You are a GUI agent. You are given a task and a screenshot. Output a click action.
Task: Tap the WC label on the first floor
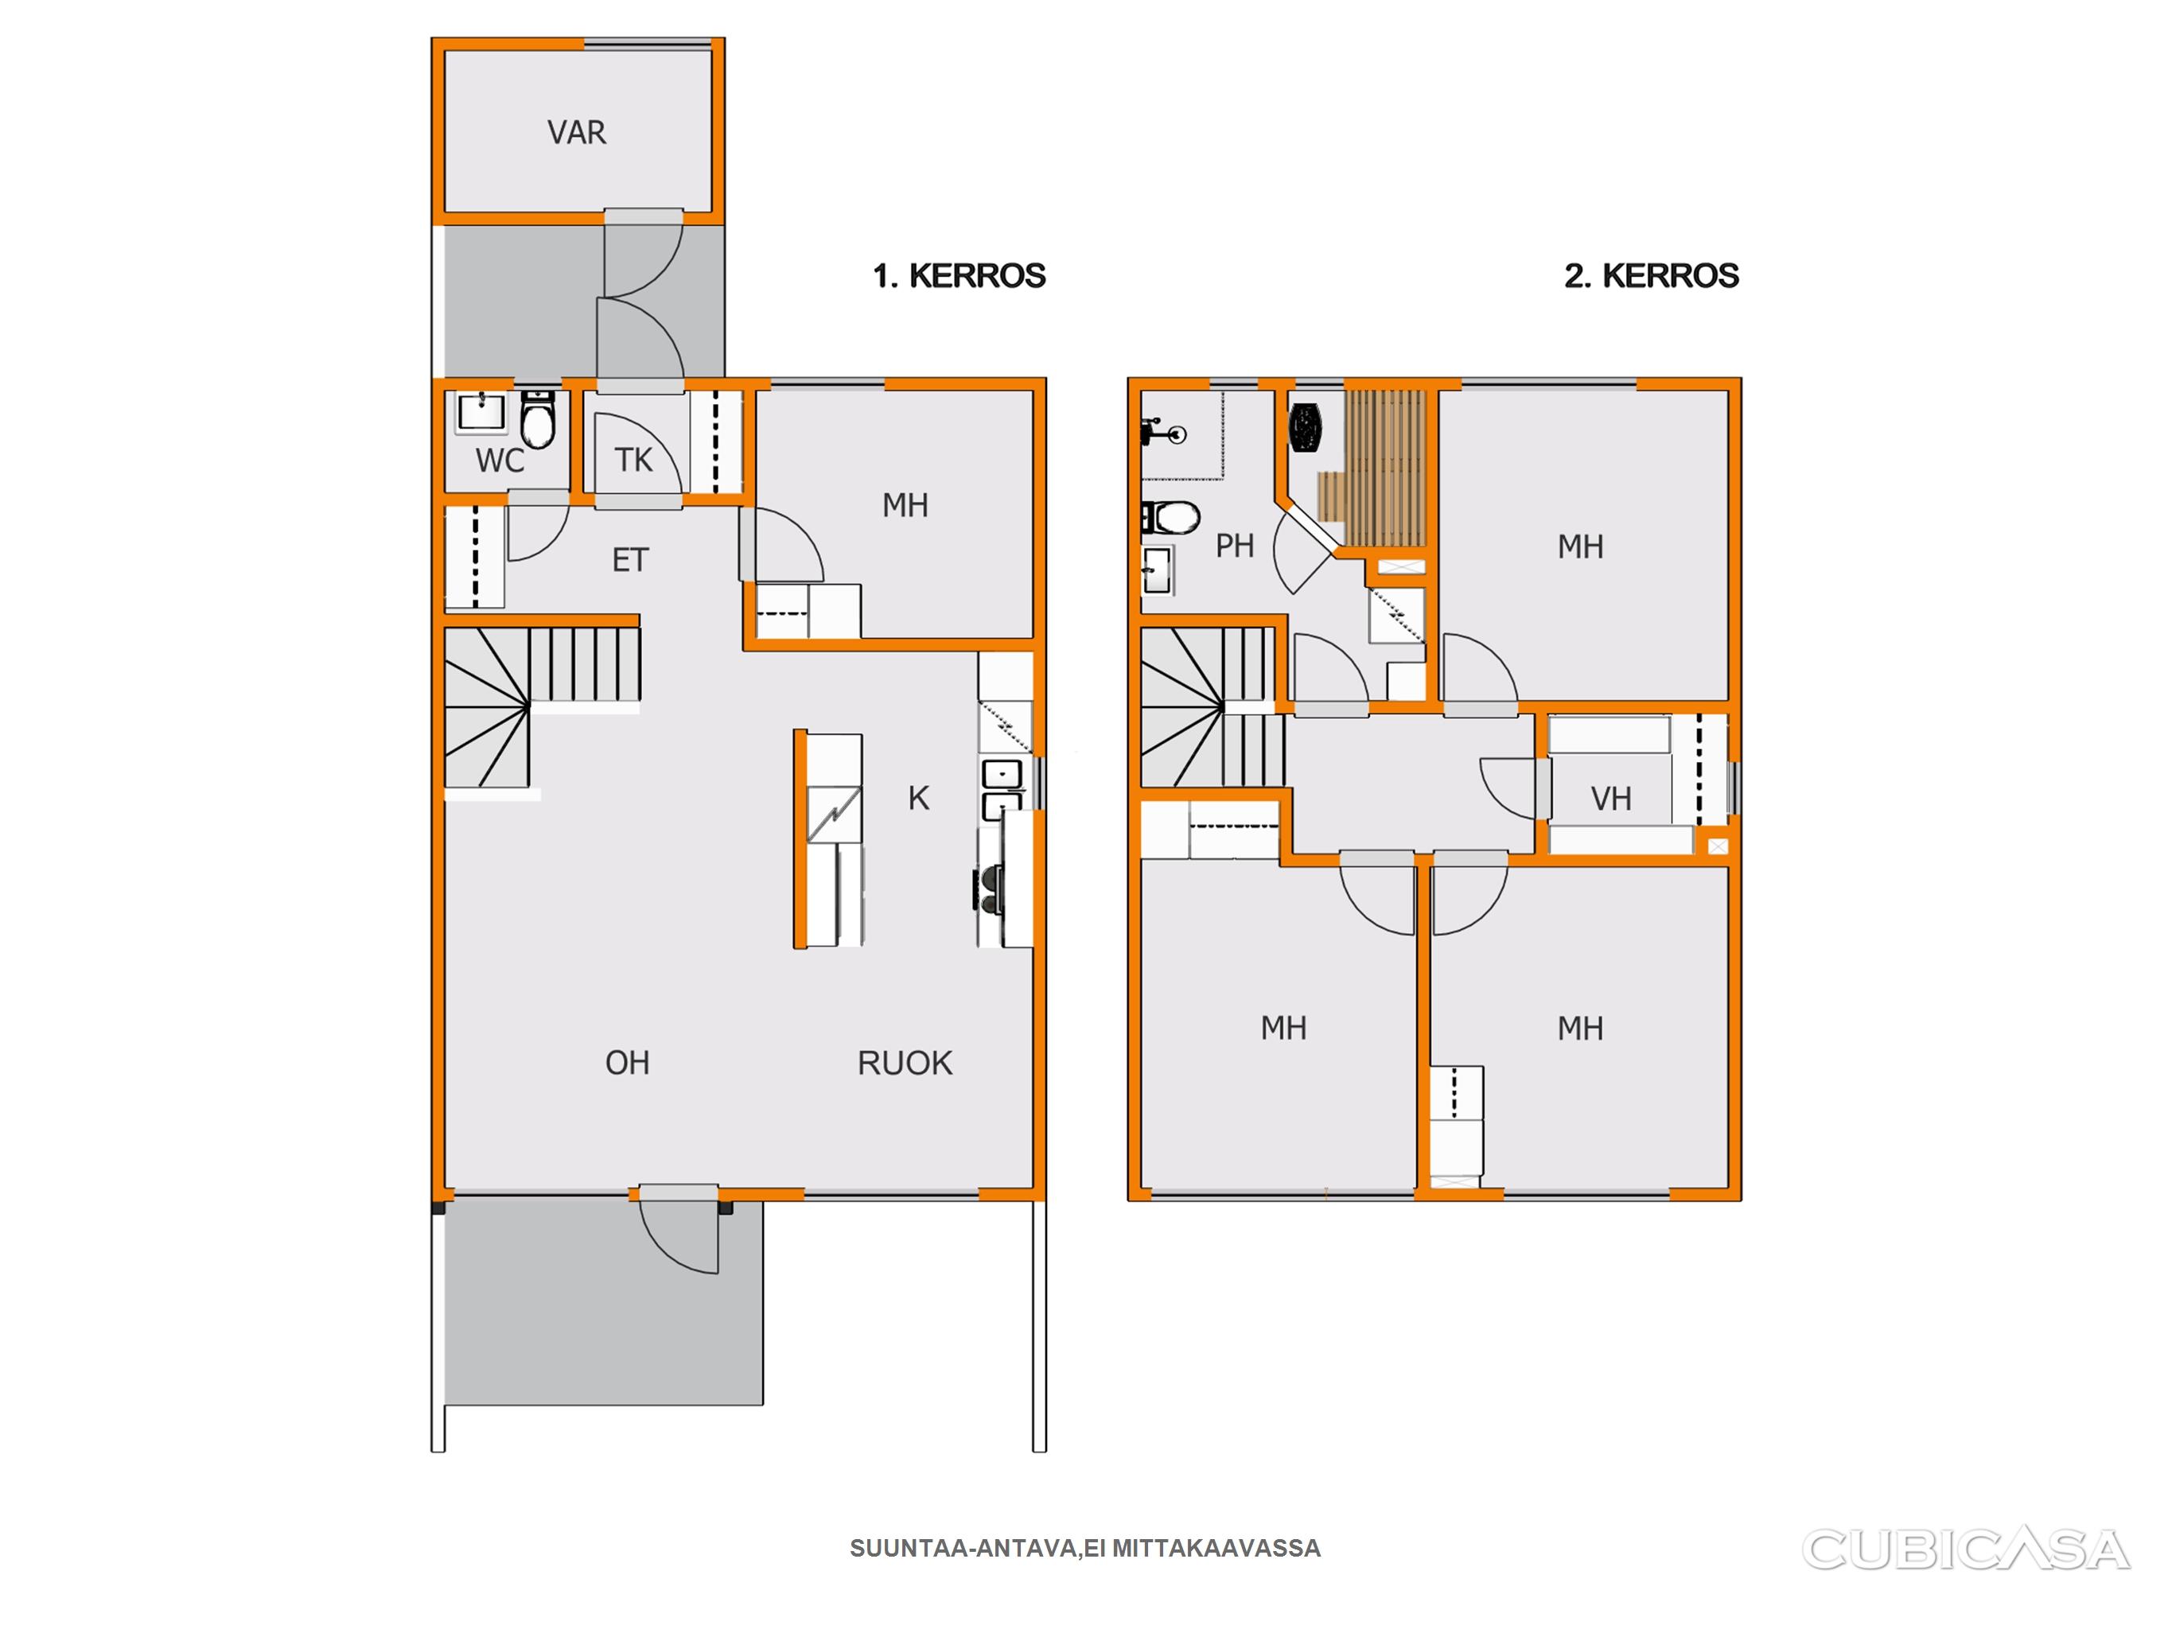[x=500, y=461]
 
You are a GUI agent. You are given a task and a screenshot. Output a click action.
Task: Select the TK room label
[x=633, y=460]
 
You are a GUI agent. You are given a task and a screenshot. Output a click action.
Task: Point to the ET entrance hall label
[x=630, y=561]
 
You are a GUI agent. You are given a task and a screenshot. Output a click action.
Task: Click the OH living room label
[x=628, y=1063]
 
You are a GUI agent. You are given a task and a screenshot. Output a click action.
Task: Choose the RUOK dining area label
[x=905, y=1063]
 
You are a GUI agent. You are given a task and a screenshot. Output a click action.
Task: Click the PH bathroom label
[x=1234, y=546]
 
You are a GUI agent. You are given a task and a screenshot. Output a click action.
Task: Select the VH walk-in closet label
[x=1611, y=799]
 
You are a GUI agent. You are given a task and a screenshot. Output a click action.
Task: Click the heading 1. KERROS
[x=959, y=276]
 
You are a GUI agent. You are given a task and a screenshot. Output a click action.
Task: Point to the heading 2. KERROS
[x=1652, y=276]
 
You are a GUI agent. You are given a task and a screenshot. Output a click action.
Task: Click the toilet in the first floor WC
[x=537, y=418]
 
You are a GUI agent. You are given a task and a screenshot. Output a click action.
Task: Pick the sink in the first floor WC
[x=481, y=412]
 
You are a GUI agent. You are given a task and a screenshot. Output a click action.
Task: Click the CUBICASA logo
[x=1965, y=1549]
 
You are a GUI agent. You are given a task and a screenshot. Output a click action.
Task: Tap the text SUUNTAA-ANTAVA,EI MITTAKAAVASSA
[x=1085, y=1549]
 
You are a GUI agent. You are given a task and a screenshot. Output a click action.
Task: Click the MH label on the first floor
[x=905, y=506]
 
